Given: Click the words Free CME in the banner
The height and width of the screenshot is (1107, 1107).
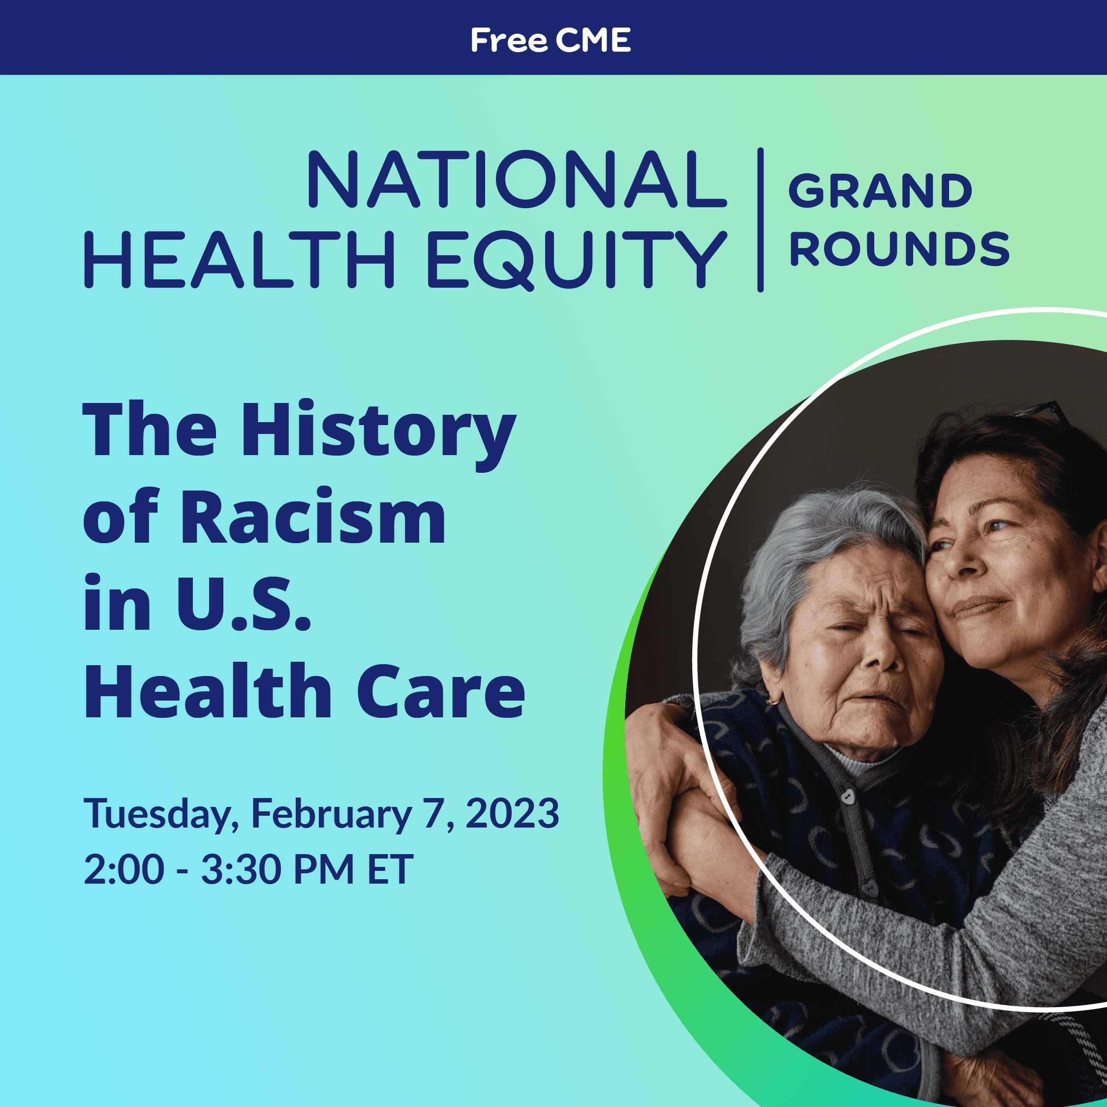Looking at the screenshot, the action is [551, 40].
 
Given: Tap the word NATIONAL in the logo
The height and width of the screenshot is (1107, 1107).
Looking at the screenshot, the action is [518, 180].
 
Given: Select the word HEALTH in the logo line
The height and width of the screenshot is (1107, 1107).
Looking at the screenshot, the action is [240, 260].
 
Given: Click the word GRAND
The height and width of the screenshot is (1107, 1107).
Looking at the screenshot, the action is [881, 191].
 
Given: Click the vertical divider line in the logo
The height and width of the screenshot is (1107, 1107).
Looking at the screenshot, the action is [760, 220].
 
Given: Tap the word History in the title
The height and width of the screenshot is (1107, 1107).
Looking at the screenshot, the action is [379, 435].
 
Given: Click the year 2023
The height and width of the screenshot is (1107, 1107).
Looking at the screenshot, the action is [512, 813].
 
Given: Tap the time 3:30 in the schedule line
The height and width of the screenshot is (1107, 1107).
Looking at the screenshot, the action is [241, 869].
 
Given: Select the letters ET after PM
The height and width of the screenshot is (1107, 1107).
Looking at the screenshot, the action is [390, 869].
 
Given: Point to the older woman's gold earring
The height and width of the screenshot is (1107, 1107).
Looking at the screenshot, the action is [773, 700].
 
